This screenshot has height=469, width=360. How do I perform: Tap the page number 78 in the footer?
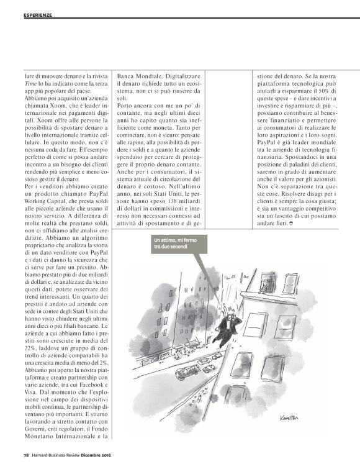tap(27, 455)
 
